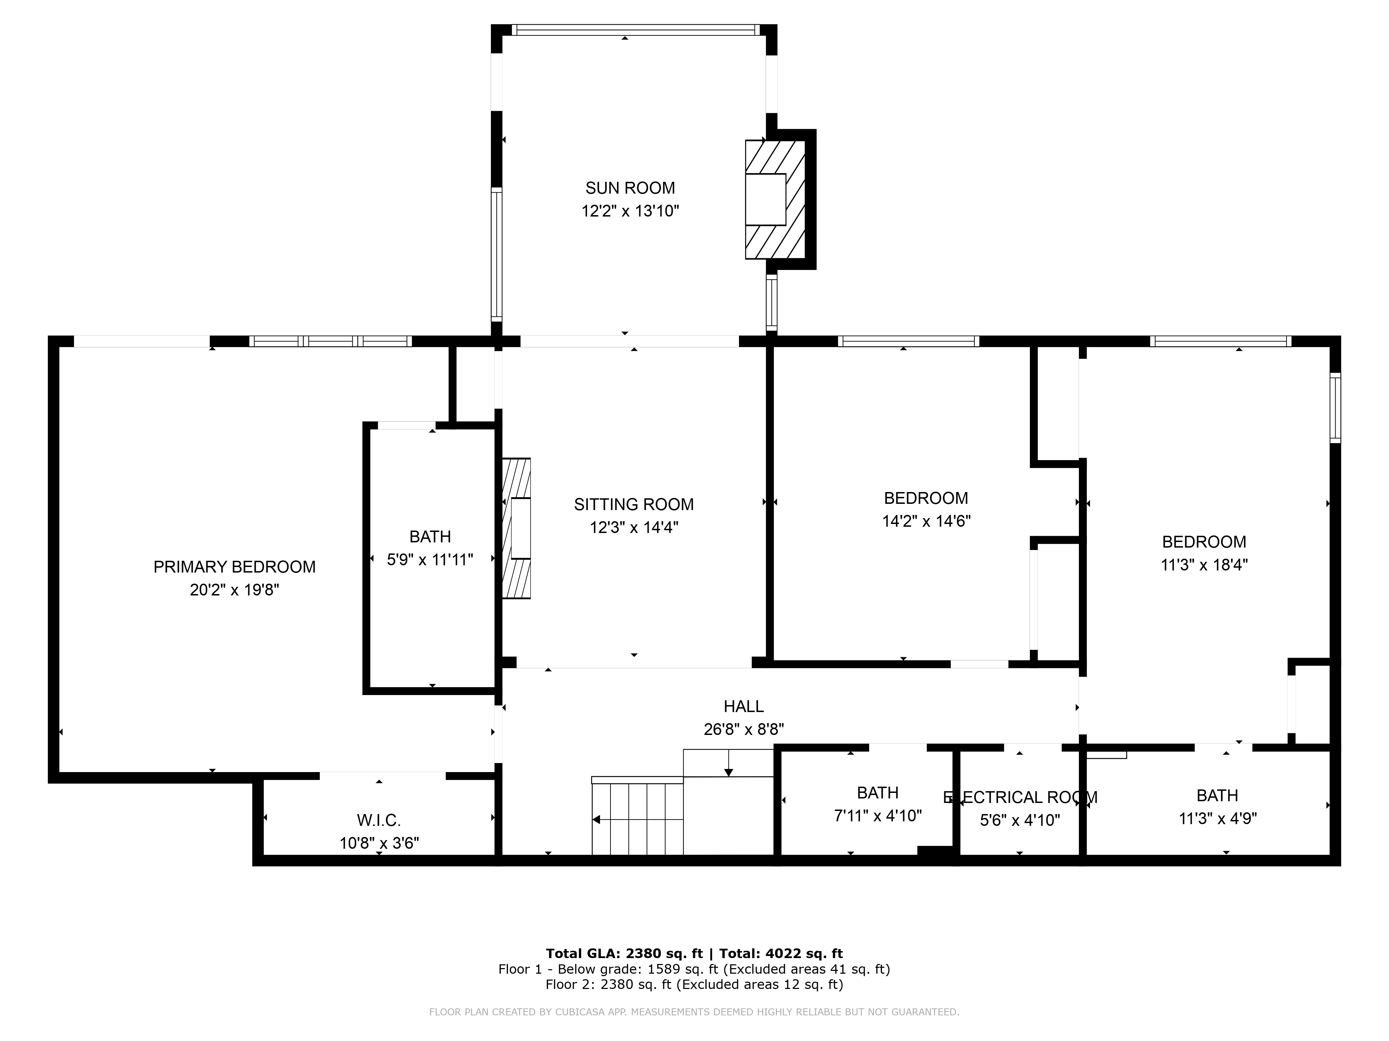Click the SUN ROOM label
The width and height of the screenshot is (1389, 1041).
pyautogui.click(x=630, y=188)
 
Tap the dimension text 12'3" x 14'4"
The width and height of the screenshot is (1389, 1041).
pyautogui.click(x=634, y=527)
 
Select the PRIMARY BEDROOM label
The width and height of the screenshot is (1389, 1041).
pyautogui.click(x=234, y=567)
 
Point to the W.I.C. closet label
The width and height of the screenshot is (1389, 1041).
pyautogui.click(x=379, y=820)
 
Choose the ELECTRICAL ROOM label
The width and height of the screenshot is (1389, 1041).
pyautogui.click(x=1020, y=797)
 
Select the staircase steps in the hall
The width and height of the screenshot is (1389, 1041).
pyautogui.click(x=637, y=819)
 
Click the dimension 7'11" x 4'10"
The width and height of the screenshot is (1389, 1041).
pyautogui.click(x=877, y=816)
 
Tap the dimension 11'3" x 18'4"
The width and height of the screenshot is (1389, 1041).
pyautogui.click(x=1204, y=565)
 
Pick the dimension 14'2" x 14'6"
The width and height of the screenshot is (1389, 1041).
pyautogui.click(x=926, y=521)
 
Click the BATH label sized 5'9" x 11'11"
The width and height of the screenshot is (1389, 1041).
pyautogui.click(x=430, y=536)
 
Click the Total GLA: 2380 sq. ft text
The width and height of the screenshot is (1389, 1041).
pyautogui.click(x=624, y=954)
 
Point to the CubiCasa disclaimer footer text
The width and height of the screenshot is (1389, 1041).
pyautogui.click(x=694, y=1012)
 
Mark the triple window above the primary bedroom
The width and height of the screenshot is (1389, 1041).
pyautogui.click(x=330, y=341)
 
